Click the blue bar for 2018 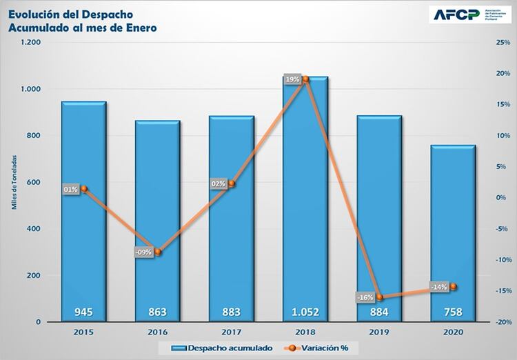pos(305,207)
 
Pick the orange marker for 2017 pos(232,183)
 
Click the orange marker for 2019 pos(379,297)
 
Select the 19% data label pos(292,80)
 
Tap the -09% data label pos(143,252)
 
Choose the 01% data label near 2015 pos(70,189)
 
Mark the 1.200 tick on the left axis pos(31,43)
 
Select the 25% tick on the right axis pos(503,43)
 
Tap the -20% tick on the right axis pos(503,322)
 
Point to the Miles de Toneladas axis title pos(13,182)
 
